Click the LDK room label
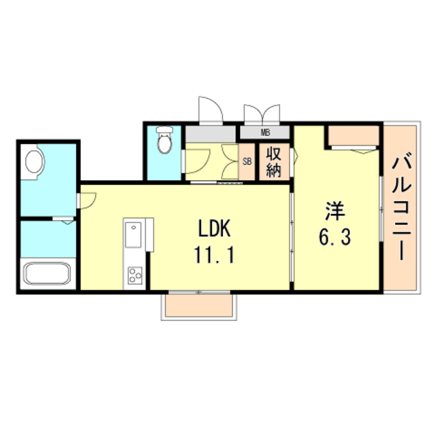(217, 228)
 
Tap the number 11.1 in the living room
(217, 257)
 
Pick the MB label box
(265, 133)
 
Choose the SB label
(247, 162)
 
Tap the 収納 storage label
(273, 162)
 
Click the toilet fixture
(164, 141)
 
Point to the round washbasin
(34, 162)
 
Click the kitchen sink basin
(132, 236)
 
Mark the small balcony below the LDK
(199, 306)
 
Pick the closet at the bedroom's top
(353, 136)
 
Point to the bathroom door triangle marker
(66, 220)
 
